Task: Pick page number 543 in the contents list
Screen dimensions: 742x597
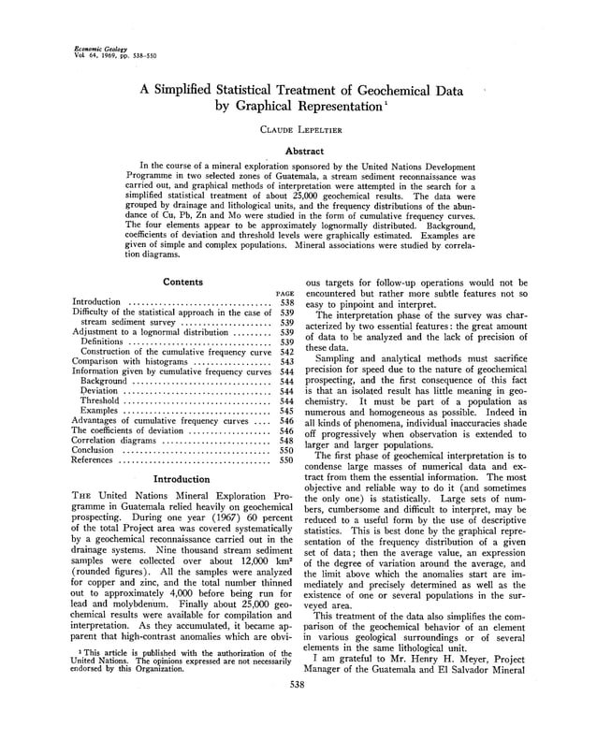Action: [287, 361]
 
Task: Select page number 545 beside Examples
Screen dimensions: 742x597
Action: [287, 411]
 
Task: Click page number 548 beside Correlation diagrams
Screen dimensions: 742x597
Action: [287, 440]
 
